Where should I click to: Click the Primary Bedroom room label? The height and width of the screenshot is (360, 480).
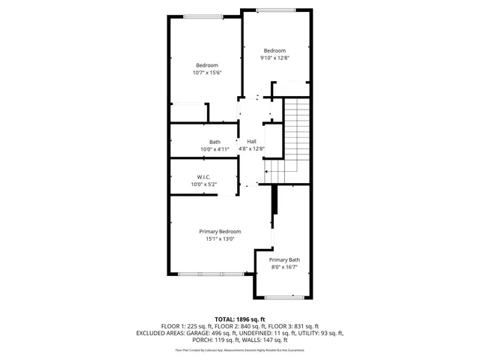click(x=220, y=231)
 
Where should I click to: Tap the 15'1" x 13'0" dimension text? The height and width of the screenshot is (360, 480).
click(x=220, y=239)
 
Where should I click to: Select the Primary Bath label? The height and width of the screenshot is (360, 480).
click(x=284, y=259)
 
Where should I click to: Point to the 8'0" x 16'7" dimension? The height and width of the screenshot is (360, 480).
click(x=284, y=268)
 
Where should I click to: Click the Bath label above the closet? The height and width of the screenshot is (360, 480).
click(x=215, y=142)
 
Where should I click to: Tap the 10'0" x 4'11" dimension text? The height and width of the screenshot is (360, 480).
click(x=215, y=149)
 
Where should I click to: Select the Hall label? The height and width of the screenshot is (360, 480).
click(x=252, y=142)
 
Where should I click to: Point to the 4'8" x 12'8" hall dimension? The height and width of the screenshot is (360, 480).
click(x=252, y=149)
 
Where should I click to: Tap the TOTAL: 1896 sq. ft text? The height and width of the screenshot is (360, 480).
click(x=240, y=319)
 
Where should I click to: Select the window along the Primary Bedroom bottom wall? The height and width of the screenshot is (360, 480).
click(x=210, y=274)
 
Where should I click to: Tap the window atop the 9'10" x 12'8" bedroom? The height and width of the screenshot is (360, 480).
click(x=274, y=10)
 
